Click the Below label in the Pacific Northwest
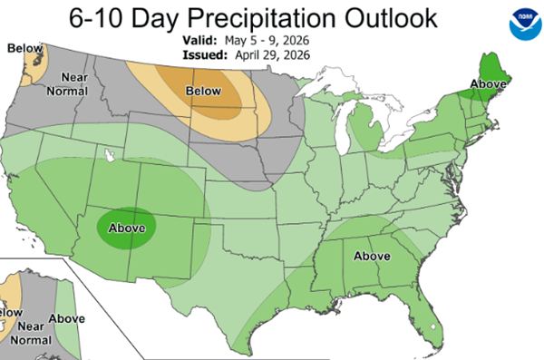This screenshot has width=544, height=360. (22, 48)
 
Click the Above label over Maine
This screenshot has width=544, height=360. (489, 86)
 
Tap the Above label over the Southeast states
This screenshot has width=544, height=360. (371, 255)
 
